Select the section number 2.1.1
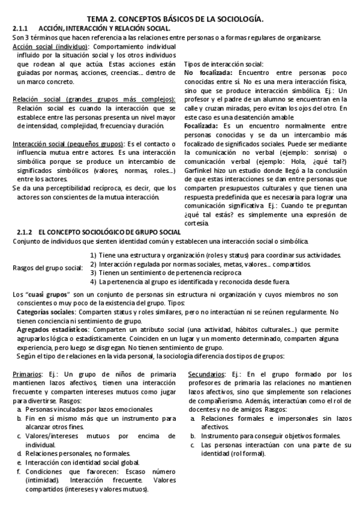(x=21, y=28)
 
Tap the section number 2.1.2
(x=22, y=232)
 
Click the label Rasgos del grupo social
(x=47, y=267)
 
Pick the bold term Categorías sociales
(x=46, y=312)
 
